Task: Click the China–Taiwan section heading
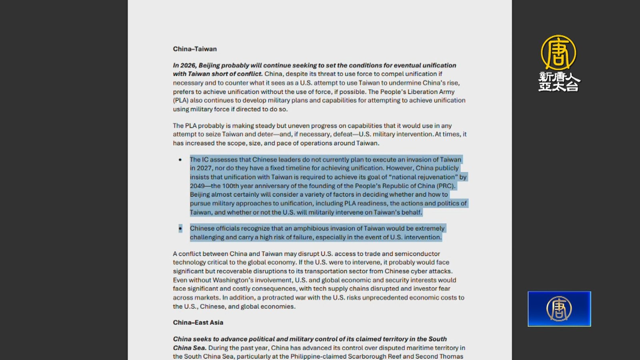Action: (x=195, y=49)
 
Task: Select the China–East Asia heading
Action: (x=198, y=322)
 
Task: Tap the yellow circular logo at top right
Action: (x=558, y=52)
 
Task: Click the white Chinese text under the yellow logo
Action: (x=559, y=82)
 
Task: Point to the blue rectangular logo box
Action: (x=559, y=309)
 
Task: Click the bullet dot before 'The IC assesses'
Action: (x=180, y=160)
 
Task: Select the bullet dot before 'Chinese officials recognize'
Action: (x=180, y=228)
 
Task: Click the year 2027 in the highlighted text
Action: (x=204, y=168)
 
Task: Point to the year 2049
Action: (x=197, y=186)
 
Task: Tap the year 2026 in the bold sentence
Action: (x=188, y=65)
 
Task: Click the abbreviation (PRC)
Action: (x=446, y=186)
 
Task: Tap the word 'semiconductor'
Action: (x=417, y=254)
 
